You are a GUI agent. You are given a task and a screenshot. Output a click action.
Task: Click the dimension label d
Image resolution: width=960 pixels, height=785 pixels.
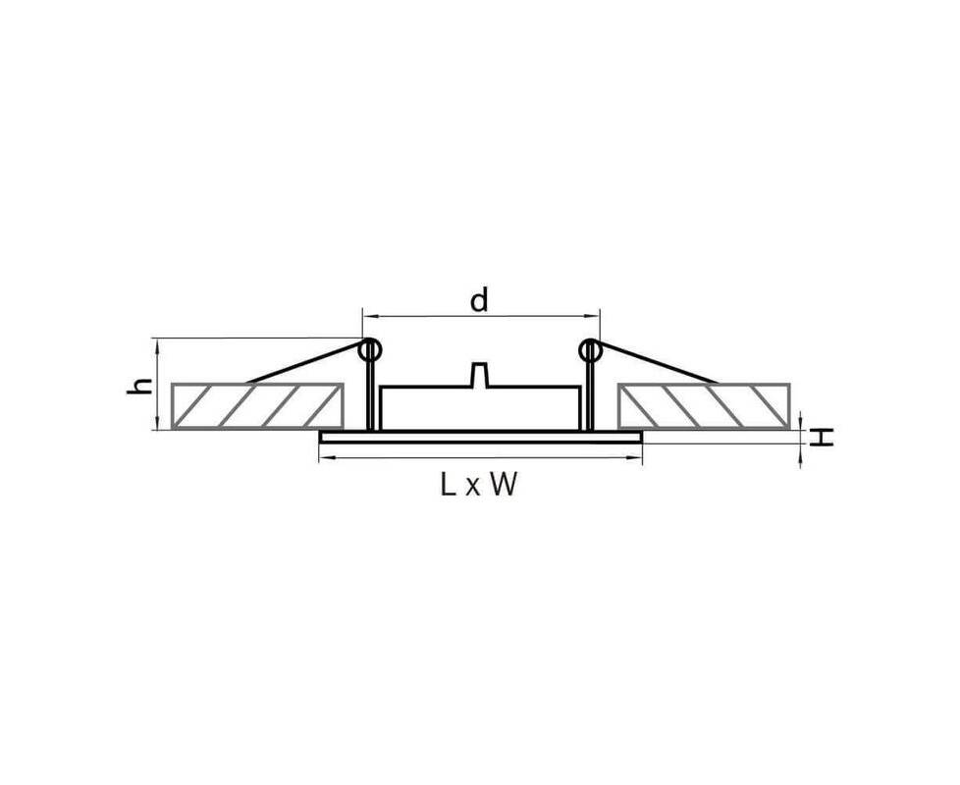coord(479,300)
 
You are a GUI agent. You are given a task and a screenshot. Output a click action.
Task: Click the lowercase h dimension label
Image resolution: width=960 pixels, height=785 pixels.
coord(140,386)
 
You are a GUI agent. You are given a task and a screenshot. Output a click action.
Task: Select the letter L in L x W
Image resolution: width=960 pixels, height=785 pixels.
coord(448,485)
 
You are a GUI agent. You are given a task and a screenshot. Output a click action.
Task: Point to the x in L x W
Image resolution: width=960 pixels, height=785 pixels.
coord(472,489)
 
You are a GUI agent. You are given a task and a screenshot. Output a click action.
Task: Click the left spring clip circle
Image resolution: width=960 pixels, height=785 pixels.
coord(370,350)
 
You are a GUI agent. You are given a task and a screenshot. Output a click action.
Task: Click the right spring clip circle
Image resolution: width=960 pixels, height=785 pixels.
coord(590,350)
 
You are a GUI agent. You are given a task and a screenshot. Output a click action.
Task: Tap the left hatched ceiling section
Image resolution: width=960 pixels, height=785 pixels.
coord(256,405)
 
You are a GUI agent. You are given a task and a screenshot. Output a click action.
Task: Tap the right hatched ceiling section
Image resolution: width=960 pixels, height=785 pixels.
coord(704,405)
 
